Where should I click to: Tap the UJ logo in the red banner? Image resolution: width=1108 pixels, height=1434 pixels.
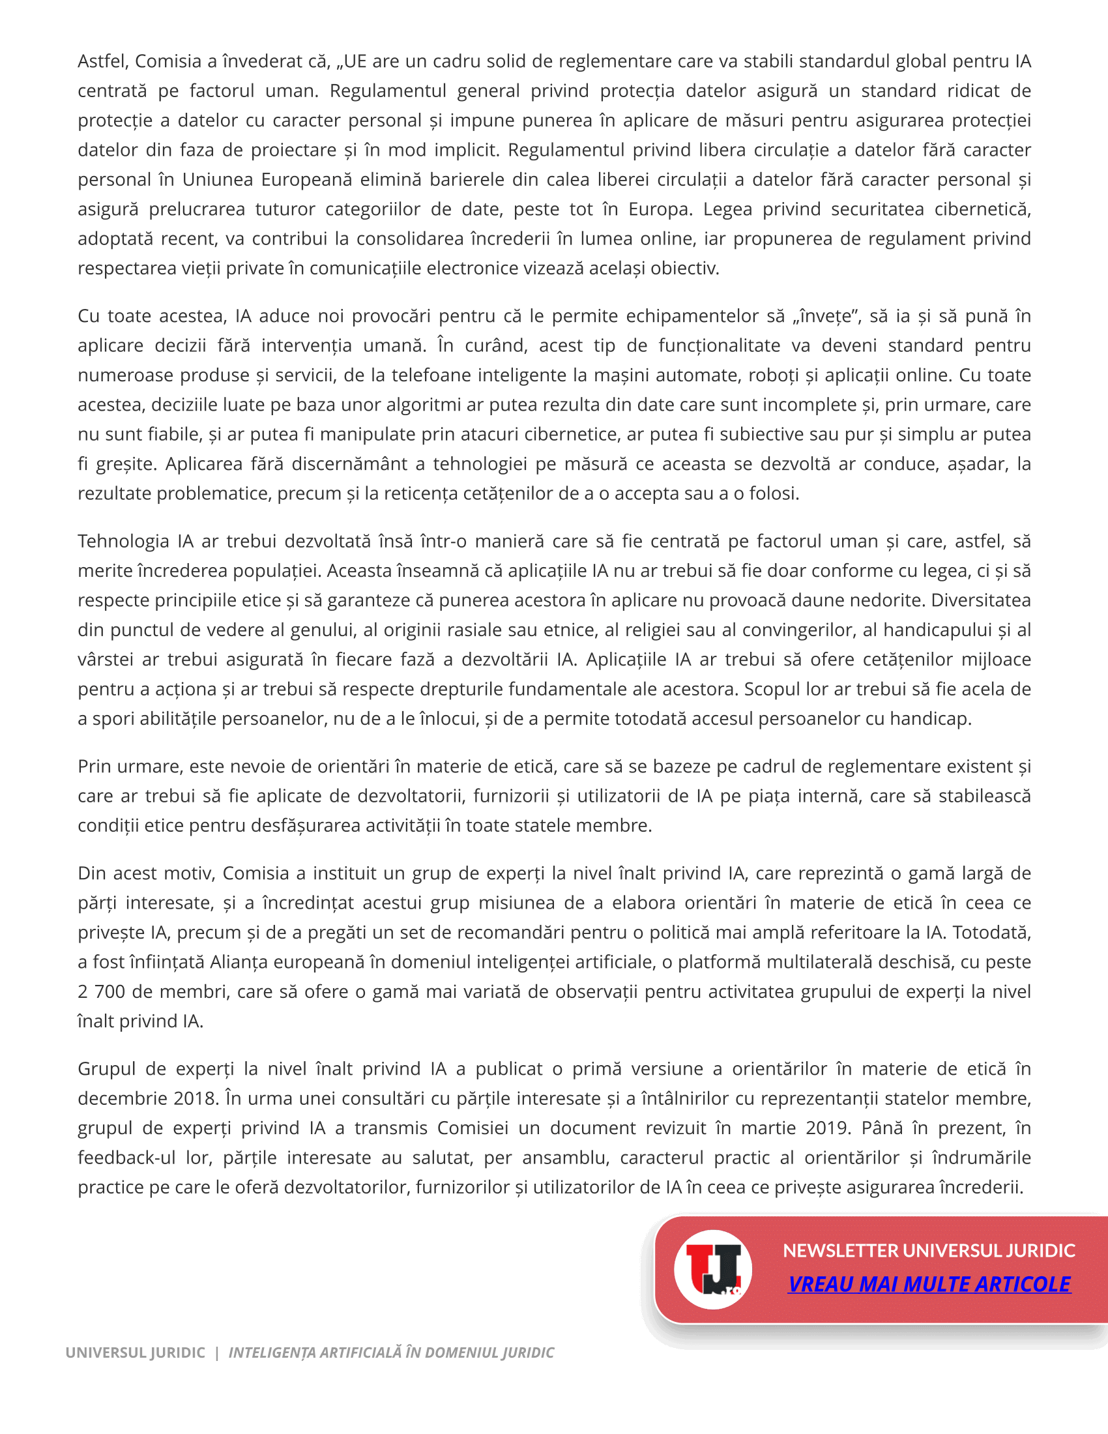(x=713, y=1269)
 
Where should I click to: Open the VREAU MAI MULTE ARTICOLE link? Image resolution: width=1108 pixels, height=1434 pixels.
(x=929, y=1283)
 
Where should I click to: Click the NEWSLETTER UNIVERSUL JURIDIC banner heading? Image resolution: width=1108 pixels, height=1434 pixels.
(x=929, y=1250)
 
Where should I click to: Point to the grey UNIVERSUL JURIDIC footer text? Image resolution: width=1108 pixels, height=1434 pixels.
(x=135, y=1353)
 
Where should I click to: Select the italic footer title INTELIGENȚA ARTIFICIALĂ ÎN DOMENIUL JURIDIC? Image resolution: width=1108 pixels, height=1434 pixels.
(x=391, y=1353)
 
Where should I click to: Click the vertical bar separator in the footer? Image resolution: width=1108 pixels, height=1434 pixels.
(x=216, y=1353)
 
